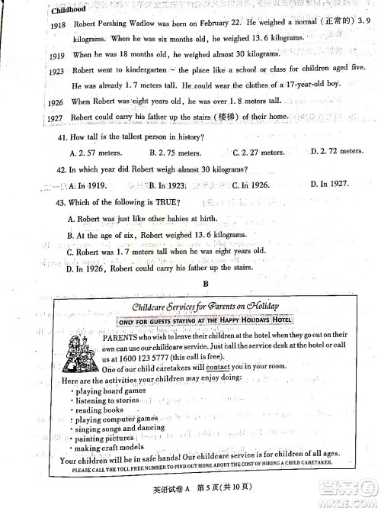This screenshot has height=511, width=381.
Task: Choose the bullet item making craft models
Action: tap(110, 448)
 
